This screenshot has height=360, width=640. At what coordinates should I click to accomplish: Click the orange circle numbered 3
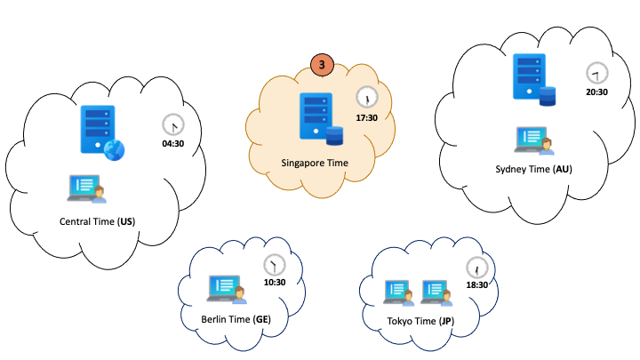point(322,64)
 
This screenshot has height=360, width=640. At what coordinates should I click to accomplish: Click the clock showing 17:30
point(366,97)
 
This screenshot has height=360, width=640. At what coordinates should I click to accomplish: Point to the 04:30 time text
point(173,143)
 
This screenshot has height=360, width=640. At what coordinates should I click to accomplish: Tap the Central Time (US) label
point(96,220)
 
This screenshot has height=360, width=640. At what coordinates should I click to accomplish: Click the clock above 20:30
point(596,73)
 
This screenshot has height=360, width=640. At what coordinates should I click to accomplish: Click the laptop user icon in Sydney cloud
point(534,139)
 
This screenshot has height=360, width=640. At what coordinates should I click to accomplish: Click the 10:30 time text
point(275,283)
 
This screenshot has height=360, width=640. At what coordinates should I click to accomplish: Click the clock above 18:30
point(477,267)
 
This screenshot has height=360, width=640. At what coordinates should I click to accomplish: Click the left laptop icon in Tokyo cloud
point(397,292)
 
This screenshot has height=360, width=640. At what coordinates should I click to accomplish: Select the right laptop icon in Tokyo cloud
point(436,292)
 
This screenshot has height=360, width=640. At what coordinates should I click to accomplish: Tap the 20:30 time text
point(596,92)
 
